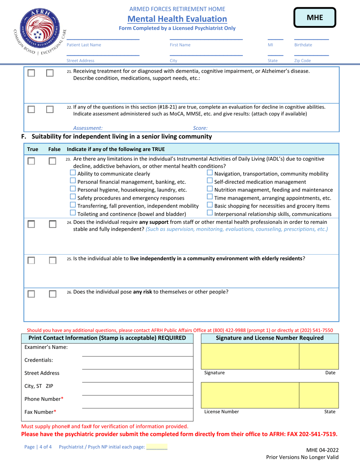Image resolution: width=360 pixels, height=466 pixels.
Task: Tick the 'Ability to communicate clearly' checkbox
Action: click(74, 174)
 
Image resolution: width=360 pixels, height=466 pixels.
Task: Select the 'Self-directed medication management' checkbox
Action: click(210, 181)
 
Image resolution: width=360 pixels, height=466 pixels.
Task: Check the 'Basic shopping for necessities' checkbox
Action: click(210, 206)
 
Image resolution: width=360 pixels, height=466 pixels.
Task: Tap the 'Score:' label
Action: click(200, 128)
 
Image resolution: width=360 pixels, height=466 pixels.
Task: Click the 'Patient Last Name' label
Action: click(84, 45)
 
